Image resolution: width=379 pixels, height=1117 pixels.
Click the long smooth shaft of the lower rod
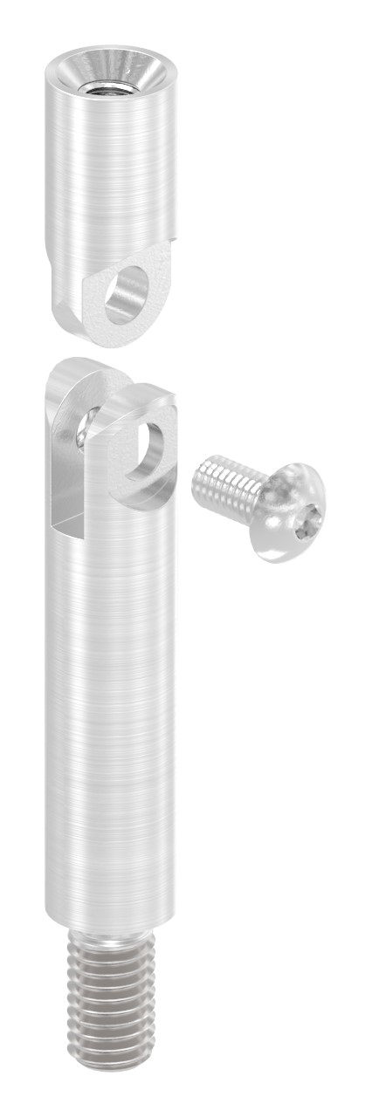point(109,716)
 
